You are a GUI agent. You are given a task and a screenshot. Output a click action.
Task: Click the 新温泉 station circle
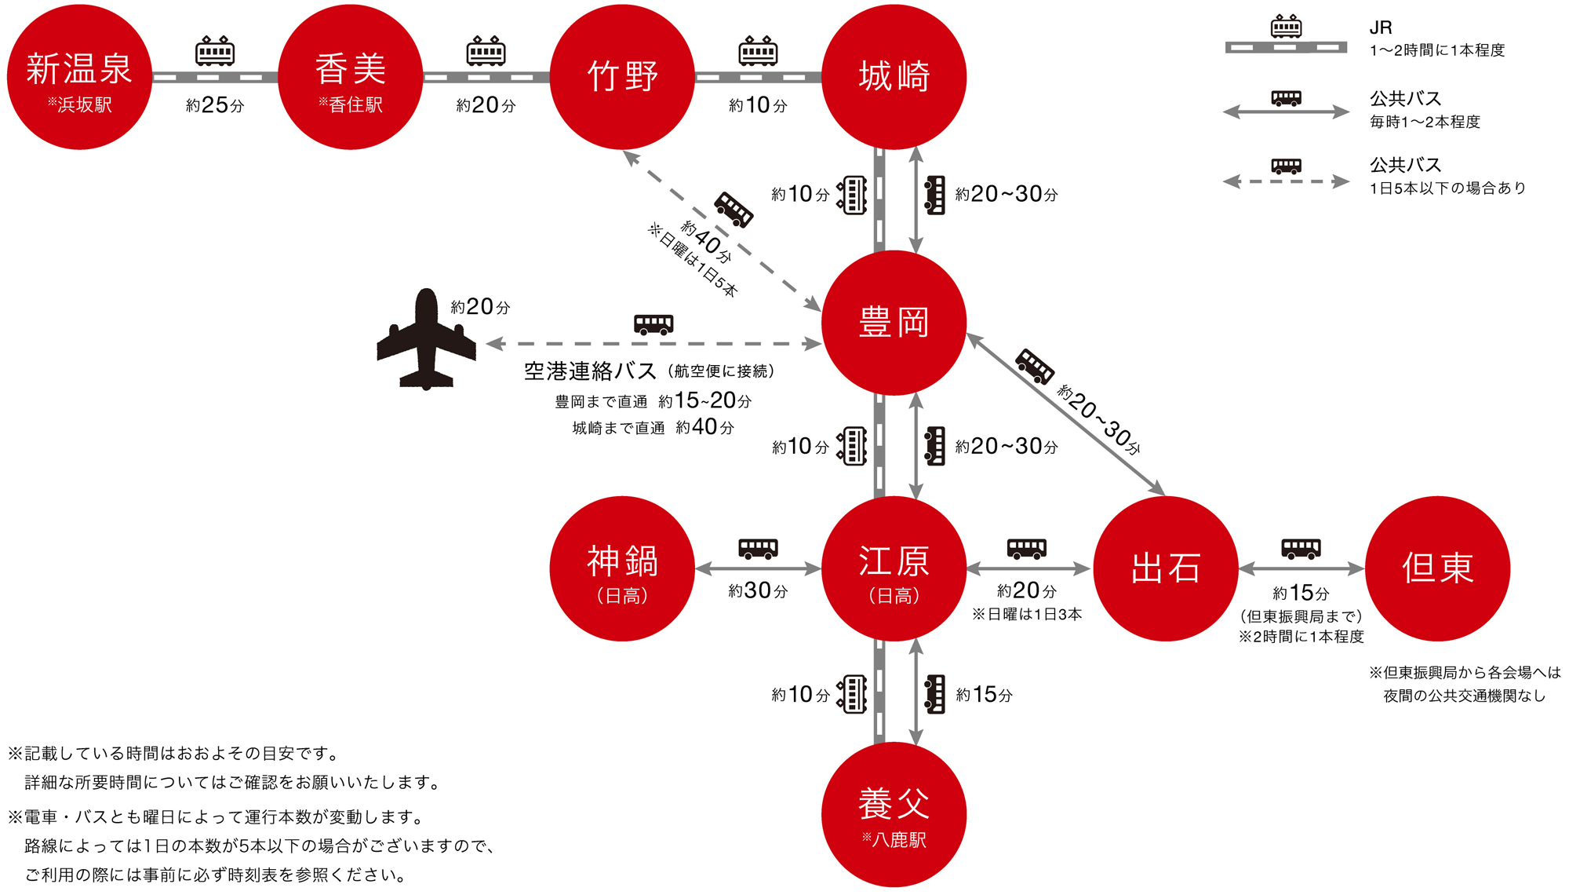click(79, 77)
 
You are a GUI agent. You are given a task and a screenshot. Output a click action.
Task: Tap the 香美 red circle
click(351, 77)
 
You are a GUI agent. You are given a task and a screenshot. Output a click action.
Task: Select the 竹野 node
click(622, 77)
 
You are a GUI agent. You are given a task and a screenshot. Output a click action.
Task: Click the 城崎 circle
click(894, 77)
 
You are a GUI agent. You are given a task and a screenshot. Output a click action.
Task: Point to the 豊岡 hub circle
click(894, 323)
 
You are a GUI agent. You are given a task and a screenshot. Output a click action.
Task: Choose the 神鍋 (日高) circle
click(622, 568)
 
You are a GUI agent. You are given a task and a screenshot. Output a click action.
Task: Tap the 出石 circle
click(1166, 568)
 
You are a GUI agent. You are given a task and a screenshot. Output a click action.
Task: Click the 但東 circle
click(1437, 568)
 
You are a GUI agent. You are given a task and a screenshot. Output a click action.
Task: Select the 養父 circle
click(894, 814)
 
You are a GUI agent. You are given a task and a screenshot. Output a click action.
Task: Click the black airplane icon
click(426, 339)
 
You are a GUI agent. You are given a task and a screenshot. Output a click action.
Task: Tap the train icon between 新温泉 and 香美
click(215, 51)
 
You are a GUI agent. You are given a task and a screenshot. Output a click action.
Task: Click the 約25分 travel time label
click(215, 105)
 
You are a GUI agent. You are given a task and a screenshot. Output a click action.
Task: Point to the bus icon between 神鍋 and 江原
click(758, 548)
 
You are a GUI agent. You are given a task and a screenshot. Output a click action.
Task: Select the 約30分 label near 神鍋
click(758, 591)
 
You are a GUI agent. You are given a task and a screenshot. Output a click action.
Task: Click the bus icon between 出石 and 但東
click(1301, 548)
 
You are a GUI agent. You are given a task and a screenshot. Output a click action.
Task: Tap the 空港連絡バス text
click(590, 371)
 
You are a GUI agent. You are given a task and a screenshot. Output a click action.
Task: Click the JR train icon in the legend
click(1286, 27)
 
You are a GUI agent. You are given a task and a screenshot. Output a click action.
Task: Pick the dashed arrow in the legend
click(1286, 182)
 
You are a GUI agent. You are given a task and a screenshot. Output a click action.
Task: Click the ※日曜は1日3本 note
click(1027, 614)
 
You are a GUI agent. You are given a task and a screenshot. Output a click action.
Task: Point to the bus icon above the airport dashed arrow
click(653, 323)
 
